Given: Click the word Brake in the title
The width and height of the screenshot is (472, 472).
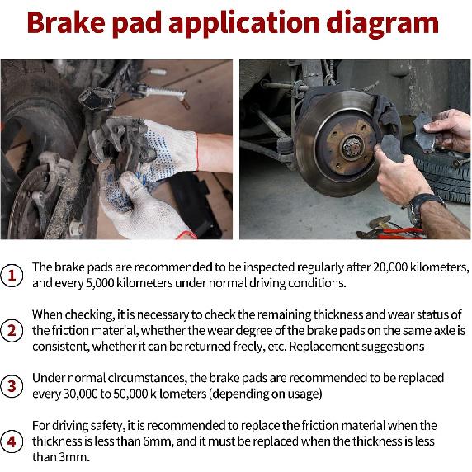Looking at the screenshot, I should [x=68, y=22].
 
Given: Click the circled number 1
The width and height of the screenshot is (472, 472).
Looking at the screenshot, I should [x=12, y=275].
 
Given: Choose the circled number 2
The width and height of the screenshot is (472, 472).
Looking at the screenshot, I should [x=12, y=331].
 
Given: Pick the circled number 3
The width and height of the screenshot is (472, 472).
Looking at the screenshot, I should [x=12, y=385].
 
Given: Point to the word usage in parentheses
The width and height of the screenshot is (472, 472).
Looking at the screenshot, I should [x=299, y=394].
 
